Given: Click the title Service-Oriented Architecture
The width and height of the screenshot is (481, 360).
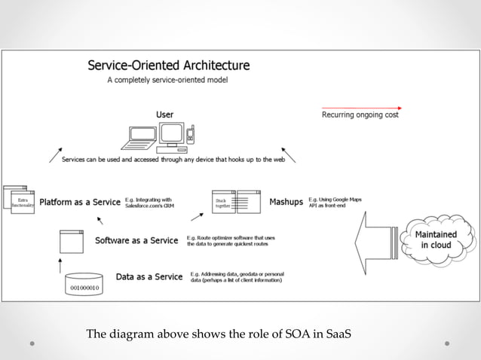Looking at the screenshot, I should coord(169,65).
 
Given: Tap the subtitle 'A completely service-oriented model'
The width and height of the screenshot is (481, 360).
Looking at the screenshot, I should coord(168,79).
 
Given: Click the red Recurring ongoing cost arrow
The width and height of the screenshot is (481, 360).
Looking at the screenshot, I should coord(361,107).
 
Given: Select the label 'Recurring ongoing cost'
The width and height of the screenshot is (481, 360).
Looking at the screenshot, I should coord(360,115).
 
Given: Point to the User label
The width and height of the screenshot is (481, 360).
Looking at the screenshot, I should coord(164,114).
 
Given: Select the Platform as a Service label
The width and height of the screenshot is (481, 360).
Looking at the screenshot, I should coord(80,202).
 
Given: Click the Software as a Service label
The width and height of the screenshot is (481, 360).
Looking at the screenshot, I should coord(136,241).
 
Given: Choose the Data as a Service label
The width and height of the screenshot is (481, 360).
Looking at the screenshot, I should coord(149,276).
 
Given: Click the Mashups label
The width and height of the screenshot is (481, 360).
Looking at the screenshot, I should coord(286,202).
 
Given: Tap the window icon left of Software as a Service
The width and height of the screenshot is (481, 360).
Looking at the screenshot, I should coord(72,241).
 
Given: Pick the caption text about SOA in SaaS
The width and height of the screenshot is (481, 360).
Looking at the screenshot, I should coord(219,334).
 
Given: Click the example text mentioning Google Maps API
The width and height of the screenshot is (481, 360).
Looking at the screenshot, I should coord(335,202).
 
